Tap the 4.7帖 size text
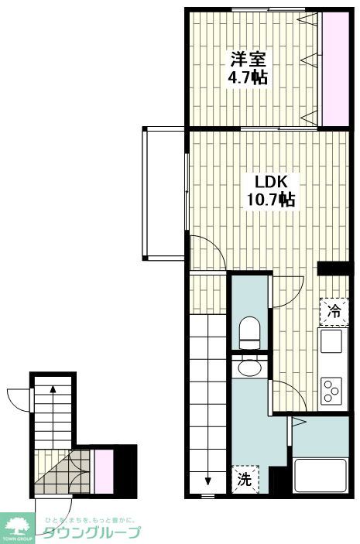click(249, 77)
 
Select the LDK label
click(272, 182)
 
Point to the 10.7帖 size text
click(272, 200)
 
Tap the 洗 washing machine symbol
click(243, 478)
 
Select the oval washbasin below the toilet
click(249, 368)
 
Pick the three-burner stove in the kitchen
click(333, 389)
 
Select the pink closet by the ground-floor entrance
click(103, 469)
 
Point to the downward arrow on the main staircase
click(207, 479)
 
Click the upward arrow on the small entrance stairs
click(52, 392)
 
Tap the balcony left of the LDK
click(164, 193)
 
